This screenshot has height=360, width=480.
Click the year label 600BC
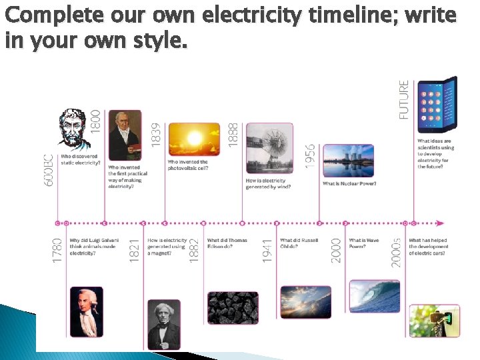[49, 171]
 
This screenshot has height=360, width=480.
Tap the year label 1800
[96, 124]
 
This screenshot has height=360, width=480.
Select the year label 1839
[155, 135]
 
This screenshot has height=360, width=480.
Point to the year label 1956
[310, 156]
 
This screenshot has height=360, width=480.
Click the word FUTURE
[404, 100]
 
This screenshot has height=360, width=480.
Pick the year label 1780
[58, 249]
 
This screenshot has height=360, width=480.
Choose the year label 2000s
[396, 252]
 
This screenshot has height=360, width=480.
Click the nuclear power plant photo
[348, 161]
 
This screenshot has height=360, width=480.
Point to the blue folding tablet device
[437, 105]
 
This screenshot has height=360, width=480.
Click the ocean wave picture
[374, 296]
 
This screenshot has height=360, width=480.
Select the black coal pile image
[232, 307]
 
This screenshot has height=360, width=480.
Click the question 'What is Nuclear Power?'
[349, 183]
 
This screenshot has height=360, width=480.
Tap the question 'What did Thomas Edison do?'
[227, 243]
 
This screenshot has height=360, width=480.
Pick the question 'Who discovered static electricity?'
[81, 159]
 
